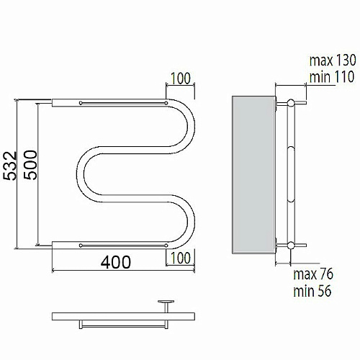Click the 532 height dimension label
pyautogui.click(x=10, y=166)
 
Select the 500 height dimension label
pyautogui.click(x=30, y=165)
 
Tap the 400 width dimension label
pyautogui.click(x=116, y=262)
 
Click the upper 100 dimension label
pyautogui.click(x=181, y=78)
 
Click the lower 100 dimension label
pyautogui.click(x=181, y=258)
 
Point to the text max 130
pyautogui.click(x=333, y=60)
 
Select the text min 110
pyautogui.click(x=332, y=77)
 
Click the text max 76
pyautogui.click(x=313, y=274)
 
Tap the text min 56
pyautogui.click(x=312, y=291)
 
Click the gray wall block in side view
pyautogui.click(x=253, y=175)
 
